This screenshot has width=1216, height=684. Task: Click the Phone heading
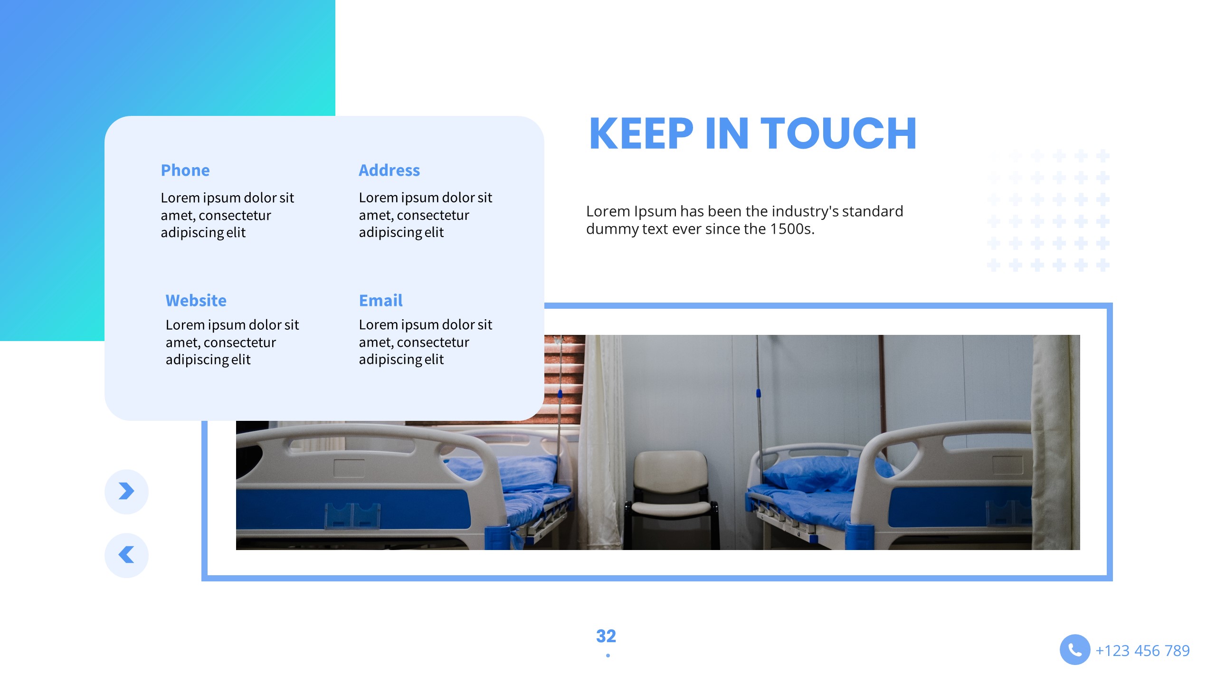(x=185, y=170)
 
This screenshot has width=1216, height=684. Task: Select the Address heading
(x=389, y=170)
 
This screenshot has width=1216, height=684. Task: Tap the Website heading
(x=196, y=300)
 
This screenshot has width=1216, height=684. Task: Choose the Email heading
(x=380, y=300)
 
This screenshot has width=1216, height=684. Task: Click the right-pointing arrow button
(x=126, y=491)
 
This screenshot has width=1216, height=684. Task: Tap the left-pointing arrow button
(x=126, y=555)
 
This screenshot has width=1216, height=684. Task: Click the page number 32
(x=606, y=636)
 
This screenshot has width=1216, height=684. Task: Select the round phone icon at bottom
(x=1074, y=649)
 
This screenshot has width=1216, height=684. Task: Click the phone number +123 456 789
(x=1142, y=650)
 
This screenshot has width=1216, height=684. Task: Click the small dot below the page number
(x=608, y=655)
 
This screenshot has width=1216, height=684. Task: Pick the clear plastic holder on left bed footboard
(x=352, y=516)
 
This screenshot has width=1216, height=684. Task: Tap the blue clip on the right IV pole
(x=758, y=393)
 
